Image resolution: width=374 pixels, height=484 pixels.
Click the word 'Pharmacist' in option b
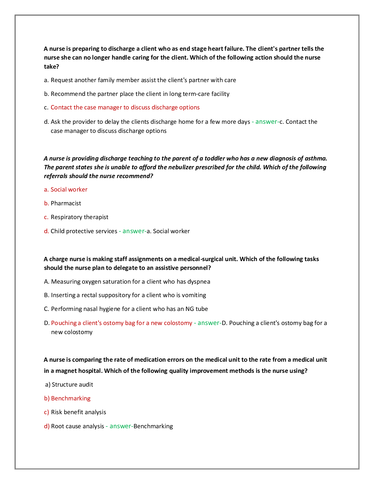(66, 203)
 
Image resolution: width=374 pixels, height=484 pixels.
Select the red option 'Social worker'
(69, 189)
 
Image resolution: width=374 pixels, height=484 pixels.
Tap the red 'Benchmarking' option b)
(71, 398)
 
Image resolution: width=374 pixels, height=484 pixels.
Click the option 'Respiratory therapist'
(79, 217)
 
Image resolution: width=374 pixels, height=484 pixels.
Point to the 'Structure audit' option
(72, 385)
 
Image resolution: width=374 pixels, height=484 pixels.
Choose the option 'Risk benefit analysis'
(79, 412)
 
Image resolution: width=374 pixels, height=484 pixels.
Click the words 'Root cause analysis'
(77, 426)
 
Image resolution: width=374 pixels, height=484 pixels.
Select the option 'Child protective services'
(84, 231)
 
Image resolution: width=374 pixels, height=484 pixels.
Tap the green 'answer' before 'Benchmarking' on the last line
(120, 426)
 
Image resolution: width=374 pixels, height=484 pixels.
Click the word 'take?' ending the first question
(52, 67)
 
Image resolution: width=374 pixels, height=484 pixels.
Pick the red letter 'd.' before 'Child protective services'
(46, 231)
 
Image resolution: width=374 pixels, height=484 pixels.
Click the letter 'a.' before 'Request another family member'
(46, 80)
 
